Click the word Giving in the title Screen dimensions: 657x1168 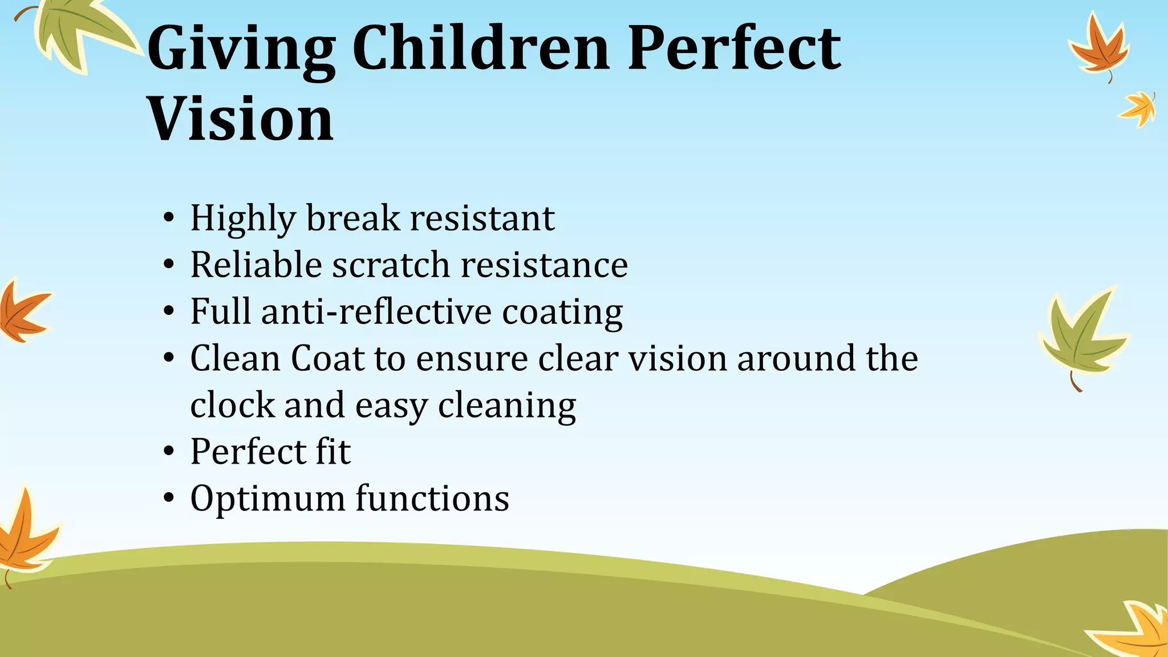(241, 50)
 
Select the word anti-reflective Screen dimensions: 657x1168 (376, 311)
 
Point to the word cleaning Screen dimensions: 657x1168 (507, 406)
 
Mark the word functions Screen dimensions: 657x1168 (432, 498)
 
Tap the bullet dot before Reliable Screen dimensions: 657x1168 (168, 265)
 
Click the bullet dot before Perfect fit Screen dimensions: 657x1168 (168, 452)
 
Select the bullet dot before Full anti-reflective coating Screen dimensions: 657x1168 (168, 312)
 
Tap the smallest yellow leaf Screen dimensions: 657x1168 (1139, 108)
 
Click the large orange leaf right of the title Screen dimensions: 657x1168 (1098, 48)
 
